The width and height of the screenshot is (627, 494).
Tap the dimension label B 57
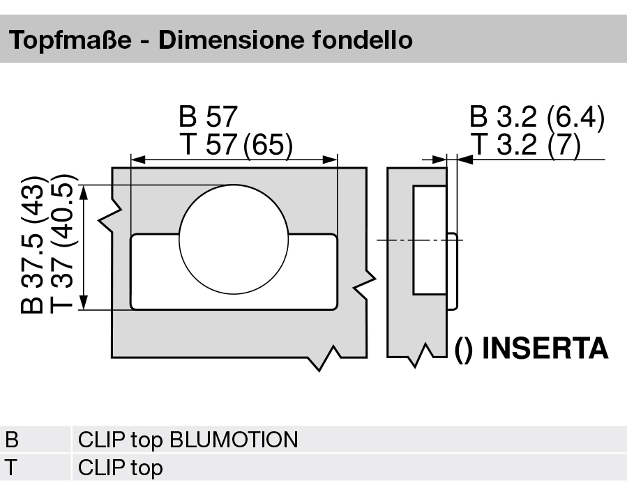(208, 116)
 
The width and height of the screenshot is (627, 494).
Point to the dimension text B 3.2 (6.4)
(536, 117)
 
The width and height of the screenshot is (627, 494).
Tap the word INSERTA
(545, 348)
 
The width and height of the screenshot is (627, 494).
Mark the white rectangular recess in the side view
(428, 240)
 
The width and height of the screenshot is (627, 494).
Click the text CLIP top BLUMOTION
(188, 440)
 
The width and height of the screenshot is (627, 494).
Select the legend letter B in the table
(12, 440)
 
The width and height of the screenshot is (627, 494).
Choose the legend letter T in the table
(12, 468)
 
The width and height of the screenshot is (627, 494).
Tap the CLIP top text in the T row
(120, 468)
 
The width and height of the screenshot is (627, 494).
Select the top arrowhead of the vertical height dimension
(84, 191)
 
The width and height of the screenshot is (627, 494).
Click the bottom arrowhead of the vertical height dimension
(84, 302)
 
